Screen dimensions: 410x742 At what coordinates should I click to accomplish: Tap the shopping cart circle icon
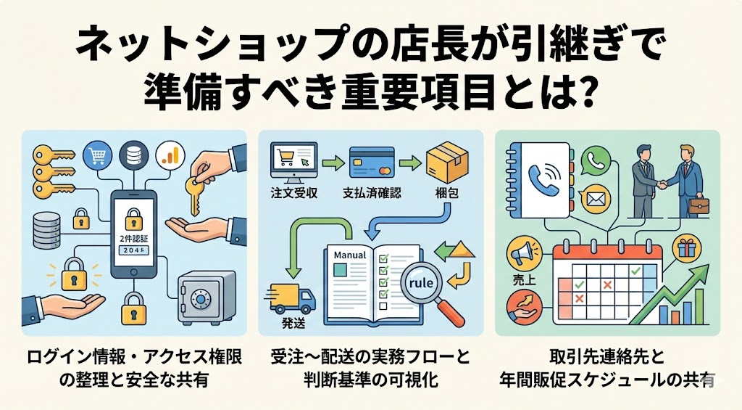pyautogui.click(x=97, y=155)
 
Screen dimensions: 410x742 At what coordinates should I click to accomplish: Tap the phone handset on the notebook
pyautogui.click(x=545, y=181)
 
